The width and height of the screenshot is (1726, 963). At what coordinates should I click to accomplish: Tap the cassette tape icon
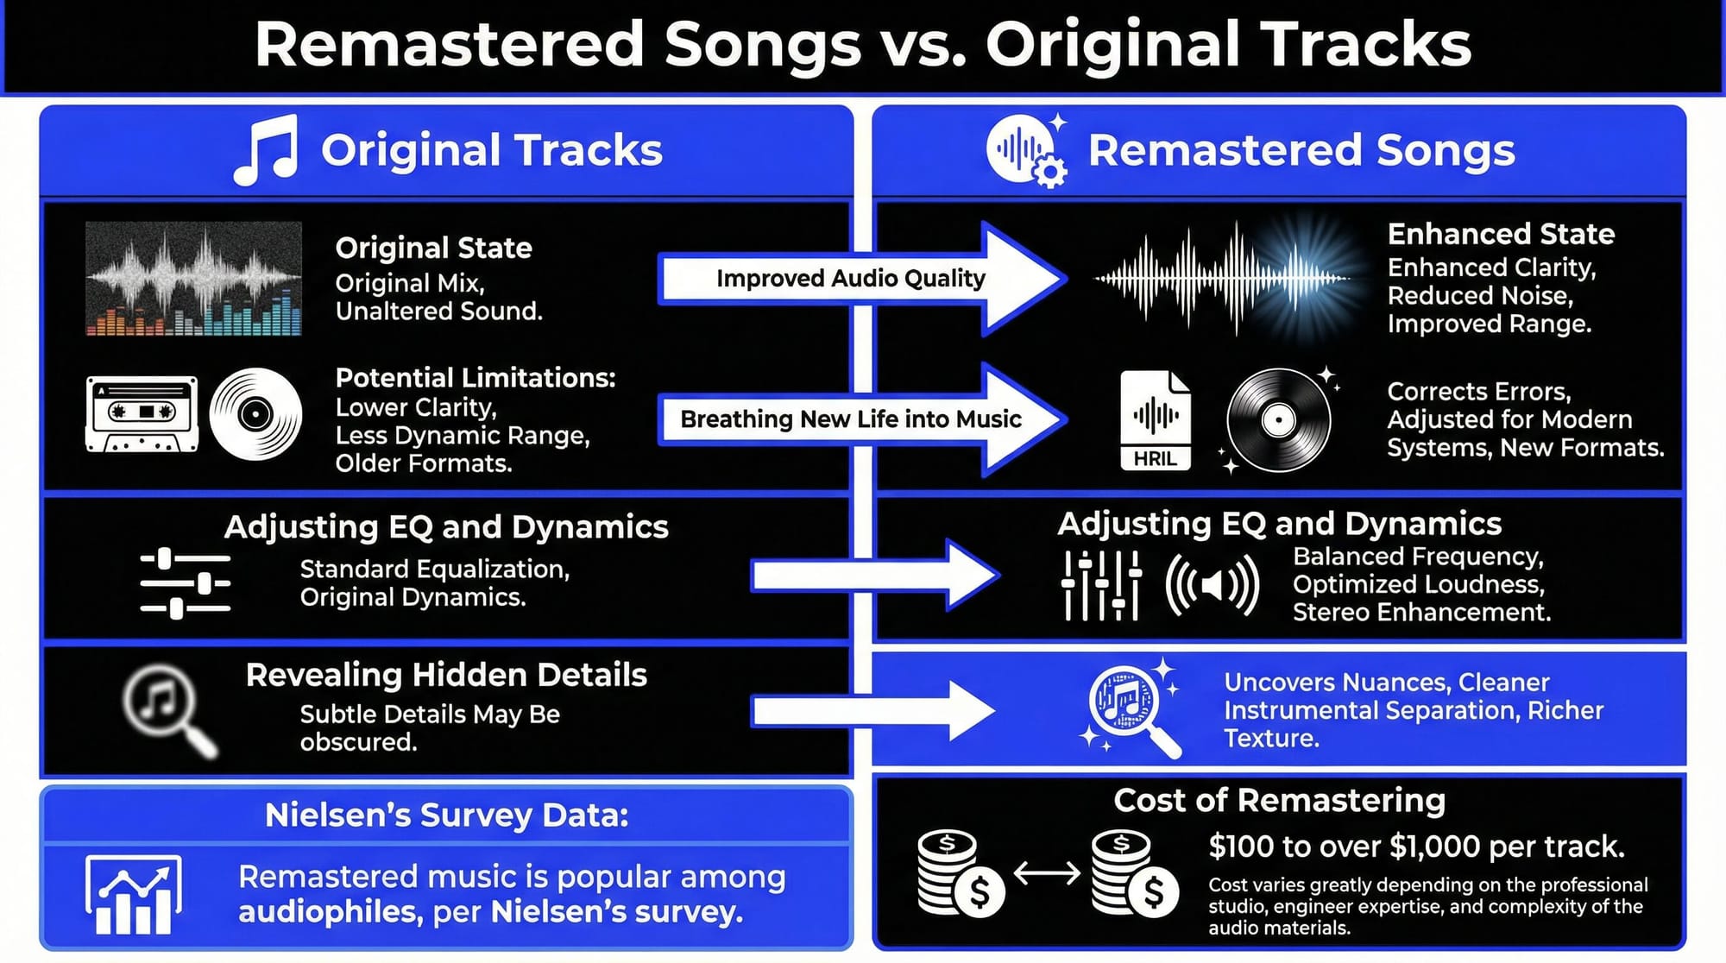pyautogui.click(x=142, y=414)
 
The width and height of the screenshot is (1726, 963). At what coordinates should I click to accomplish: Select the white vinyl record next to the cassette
pyautogui.click(x=255, y=414)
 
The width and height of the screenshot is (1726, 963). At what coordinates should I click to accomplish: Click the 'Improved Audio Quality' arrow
pyautogui.click(x=861, y=279)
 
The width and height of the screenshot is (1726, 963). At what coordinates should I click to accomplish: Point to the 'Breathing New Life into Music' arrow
pyautogui.click(x=861, y=419)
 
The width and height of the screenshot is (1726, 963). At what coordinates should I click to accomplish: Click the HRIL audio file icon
pyautogui.click(x=1156, y=420)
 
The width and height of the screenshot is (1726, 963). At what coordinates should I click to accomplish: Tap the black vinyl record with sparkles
pyautogui.click(x=1278, y=420)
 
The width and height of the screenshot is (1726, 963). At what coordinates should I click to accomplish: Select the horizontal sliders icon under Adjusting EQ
pyautogui.click(x=185, y=583)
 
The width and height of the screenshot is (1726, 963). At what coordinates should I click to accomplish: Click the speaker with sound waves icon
pyautogui.click(x=1212, y=585)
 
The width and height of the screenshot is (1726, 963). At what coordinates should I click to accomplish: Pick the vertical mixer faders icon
pyautogui.click(x=1101, y=586)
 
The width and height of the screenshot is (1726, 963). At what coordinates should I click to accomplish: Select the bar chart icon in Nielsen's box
pyautogui.click(x=133, y=895)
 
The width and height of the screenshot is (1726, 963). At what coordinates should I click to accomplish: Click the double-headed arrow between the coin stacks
pyautogui.click(x=1046, y=873)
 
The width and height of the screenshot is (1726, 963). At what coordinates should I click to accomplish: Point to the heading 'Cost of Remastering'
pyautogui.click(x=1279, y=801)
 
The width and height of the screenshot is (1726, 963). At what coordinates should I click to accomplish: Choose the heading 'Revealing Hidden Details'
pyautogui.click(x=446, y=675)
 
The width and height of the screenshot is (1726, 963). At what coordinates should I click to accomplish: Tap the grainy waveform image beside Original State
pyautogui.click(x=193, y=279)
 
